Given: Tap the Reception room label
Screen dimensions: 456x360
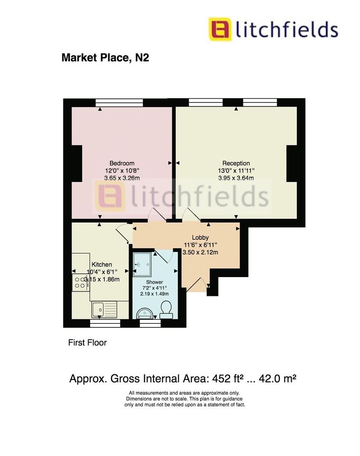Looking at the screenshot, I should coord(236,163).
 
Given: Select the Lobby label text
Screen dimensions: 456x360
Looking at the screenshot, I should coord(201,238).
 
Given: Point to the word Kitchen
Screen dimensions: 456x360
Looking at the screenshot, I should coord(102,264).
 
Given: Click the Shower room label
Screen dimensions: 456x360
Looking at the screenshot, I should coord(154,282).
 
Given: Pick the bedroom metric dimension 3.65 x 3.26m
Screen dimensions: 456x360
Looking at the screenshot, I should coord(122,178).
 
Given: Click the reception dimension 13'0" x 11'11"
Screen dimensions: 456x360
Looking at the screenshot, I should coord(236,171).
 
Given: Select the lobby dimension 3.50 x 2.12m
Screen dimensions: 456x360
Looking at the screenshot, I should coord(201,253).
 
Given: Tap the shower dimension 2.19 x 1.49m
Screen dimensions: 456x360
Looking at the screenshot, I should coord(154,294).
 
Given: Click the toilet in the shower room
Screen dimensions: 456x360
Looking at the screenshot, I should coord(165,309).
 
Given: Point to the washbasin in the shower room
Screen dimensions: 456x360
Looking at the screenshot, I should coord(143,312).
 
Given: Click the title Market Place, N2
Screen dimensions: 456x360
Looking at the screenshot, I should coord(105,58).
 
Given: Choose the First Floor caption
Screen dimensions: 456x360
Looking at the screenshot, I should coord(88,343).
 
